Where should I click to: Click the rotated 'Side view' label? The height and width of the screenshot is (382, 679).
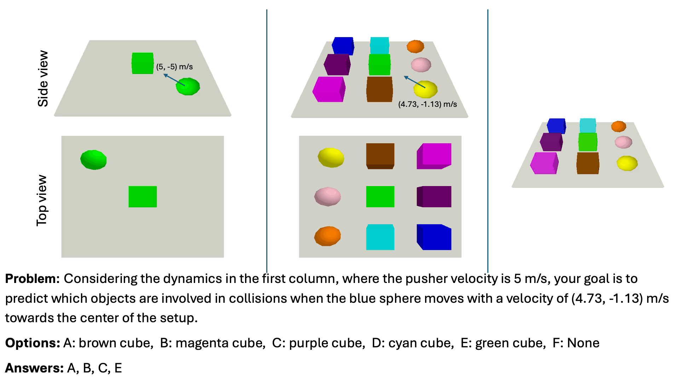point(43,79)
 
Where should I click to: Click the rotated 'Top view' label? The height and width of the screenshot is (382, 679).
point(42,201)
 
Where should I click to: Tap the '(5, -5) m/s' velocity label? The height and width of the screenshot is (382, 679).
point(174,67)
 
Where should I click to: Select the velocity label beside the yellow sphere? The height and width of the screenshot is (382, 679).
point(427,104)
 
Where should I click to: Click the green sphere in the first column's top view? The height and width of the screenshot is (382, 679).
point(93,160)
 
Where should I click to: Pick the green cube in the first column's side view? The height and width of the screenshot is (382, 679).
point(143,63)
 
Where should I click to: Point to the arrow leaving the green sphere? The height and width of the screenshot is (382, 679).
point(174,80)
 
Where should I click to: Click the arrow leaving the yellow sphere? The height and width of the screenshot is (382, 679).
point(414,82)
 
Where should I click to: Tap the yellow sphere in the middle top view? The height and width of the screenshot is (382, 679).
point(331,157)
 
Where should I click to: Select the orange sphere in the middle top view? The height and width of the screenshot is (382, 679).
point(327,236)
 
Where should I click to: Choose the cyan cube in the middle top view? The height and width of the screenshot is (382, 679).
point(380,237)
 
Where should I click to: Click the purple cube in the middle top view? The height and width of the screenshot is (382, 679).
point(434,197)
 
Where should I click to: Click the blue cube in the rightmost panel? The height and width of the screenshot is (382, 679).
point(556,126)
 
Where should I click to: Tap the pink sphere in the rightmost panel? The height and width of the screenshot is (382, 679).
point(623,142)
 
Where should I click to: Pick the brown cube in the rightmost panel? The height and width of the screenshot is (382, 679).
point(588,163)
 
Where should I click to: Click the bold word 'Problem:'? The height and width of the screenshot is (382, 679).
point(32,279)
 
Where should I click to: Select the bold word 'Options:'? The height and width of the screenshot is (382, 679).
point(33,343)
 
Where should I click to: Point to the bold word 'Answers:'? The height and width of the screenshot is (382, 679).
point(34,368)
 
